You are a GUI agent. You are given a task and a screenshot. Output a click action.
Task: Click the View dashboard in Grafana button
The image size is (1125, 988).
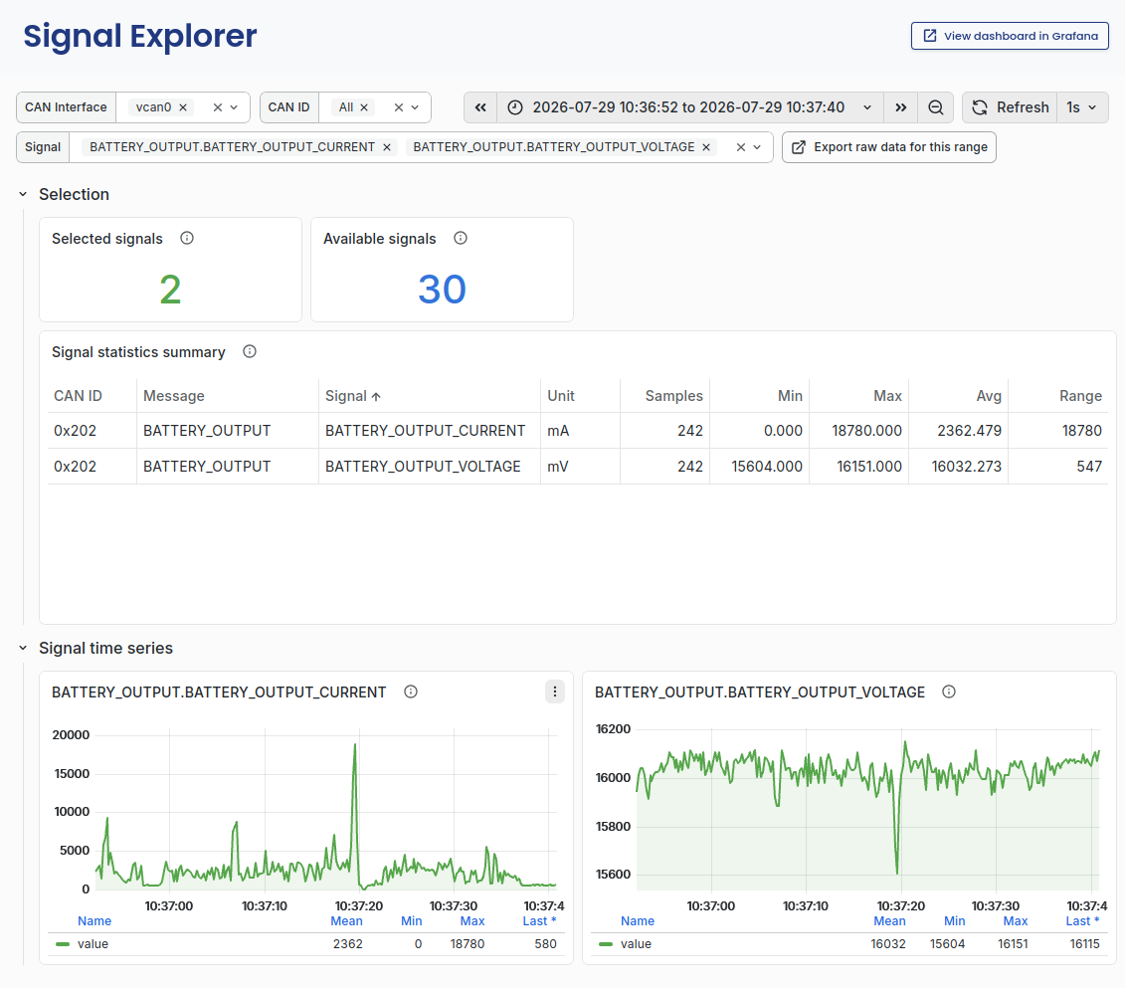click(x=1010, y=36)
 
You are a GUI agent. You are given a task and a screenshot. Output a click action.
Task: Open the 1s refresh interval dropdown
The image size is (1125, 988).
click(x=1082, y=107)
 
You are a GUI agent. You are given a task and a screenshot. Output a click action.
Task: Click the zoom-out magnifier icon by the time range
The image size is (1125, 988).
click(x=936, y=107)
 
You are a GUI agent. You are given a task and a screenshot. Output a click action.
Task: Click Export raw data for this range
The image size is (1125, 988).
click(x=889, y=147)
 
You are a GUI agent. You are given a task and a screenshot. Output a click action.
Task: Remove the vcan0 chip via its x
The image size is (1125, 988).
click(x=183, y=107)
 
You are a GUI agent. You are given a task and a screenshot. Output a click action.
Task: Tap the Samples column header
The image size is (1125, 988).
click(x=673, y=396)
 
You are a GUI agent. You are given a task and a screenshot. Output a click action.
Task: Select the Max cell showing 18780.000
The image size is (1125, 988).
click(x=866, y=431)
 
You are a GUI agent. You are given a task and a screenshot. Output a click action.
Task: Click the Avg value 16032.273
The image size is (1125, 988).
click(x=967, y=467)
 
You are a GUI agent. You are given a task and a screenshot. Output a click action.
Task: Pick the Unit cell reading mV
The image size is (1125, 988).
click(x=557, y=467)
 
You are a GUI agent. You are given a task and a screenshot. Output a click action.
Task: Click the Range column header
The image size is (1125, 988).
click(x=1080, y=396)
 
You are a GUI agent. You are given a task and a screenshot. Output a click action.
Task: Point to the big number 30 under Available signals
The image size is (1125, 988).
click(x=442, y=290)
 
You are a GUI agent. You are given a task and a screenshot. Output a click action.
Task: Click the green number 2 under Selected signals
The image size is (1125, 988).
click(x=170, y=290)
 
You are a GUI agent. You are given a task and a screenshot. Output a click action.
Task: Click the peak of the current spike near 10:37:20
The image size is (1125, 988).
click(x=354, y=745)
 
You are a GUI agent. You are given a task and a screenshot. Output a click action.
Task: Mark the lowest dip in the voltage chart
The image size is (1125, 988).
click(x=897, y=873)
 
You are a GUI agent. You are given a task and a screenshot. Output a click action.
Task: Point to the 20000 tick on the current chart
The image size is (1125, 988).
click(x=71, y=734)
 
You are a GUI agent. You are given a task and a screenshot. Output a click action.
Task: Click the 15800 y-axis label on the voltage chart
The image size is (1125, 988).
click(x=613, y=827)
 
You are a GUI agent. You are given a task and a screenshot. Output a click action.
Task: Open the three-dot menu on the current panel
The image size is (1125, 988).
click(x=555, y=692)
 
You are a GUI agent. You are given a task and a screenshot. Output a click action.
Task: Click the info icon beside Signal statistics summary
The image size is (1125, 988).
click(x=249, y=351)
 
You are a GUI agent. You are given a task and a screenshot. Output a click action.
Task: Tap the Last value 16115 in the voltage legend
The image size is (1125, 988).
click(x=1084, y=944)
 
